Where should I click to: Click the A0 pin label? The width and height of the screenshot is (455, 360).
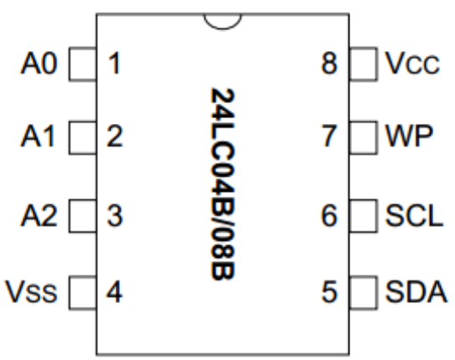39,64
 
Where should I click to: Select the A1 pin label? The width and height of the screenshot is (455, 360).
38,136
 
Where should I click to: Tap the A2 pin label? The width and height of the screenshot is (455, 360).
39,215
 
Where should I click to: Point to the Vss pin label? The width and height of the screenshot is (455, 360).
31,292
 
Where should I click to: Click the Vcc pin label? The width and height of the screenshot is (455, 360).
412,63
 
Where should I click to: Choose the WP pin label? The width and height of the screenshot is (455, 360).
409,136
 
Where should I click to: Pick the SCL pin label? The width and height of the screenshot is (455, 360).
415,215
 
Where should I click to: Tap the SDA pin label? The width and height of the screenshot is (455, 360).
416,292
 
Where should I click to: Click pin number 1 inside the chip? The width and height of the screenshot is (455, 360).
114,63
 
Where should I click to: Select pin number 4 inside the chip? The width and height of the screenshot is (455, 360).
114,291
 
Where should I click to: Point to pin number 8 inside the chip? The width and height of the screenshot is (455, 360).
329,63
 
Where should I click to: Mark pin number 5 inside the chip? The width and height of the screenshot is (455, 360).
329,292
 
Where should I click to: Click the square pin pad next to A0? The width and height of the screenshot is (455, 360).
82,64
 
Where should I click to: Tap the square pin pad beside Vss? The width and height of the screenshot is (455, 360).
82,292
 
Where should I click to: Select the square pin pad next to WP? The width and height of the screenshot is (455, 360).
364,137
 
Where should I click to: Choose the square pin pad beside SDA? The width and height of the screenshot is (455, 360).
364,292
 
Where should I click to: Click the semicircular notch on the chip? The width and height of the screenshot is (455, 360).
223,29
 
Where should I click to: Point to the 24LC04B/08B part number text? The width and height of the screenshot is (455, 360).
223,184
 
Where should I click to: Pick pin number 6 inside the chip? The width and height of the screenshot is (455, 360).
329,215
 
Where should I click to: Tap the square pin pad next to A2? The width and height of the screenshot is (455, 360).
82,216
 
